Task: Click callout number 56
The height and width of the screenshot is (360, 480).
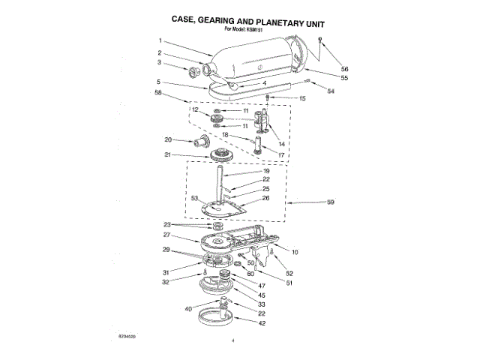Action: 324,68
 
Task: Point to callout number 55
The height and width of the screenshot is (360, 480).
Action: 324,78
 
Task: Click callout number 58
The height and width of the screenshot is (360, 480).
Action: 158,93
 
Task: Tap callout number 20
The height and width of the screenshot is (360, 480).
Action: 169,139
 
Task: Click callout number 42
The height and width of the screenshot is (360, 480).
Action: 262,324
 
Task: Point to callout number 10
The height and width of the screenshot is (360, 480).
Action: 295,252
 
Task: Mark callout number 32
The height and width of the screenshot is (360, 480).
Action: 167,283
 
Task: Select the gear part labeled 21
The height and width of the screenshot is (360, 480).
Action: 221,156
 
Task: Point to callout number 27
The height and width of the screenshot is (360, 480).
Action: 167,234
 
